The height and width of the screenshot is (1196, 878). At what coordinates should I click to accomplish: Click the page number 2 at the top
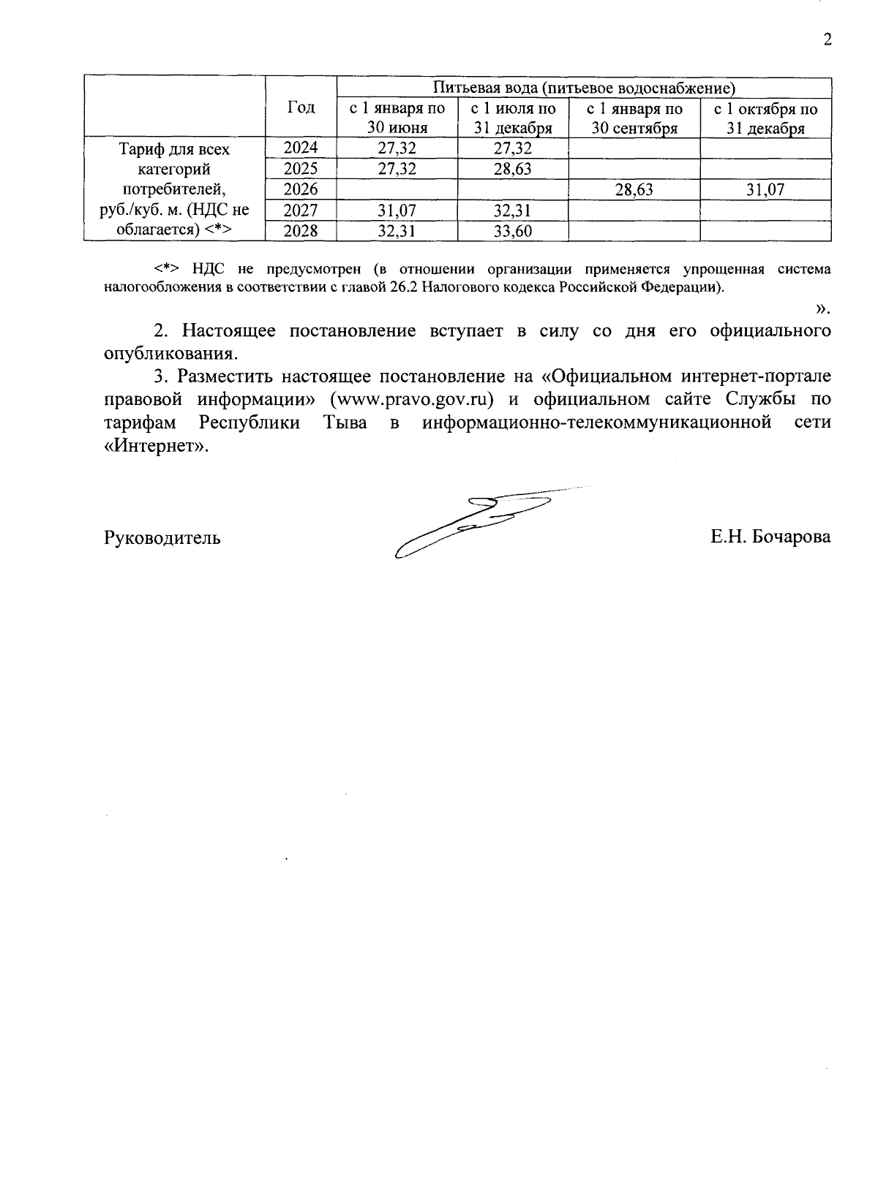coord(828,40)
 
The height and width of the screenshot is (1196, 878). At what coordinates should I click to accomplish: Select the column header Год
coord(301,107)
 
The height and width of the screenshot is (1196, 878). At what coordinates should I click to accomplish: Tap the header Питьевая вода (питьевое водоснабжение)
coord(583,88)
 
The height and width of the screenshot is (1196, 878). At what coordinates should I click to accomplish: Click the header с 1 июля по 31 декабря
coord(513,118)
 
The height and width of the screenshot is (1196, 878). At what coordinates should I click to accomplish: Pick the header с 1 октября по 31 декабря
coord(765,118)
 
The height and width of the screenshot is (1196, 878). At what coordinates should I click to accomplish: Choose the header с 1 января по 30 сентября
coord(634,118)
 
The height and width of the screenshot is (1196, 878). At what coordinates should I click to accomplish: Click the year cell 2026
coord(301,189)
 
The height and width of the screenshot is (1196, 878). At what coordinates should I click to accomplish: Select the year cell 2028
coord(301,231)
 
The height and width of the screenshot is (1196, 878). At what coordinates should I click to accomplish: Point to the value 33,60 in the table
coord(513,232)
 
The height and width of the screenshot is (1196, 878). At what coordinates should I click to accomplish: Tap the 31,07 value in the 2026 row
coord(765,190)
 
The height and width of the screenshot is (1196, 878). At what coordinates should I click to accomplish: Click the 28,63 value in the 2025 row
coord(513,170)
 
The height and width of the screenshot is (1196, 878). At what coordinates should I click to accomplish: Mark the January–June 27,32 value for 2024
coord(397,148)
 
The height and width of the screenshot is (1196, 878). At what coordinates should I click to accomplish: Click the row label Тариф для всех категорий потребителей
coord(174,189)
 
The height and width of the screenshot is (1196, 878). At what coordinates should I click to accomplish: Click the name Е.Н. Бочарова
coord(770,537)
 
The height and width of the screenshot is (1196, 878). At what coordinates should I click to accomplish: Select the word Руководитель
coord(162,538)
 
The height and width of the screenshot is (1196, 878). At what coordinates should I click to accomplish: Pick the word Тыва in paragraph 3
coord(345,423)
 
